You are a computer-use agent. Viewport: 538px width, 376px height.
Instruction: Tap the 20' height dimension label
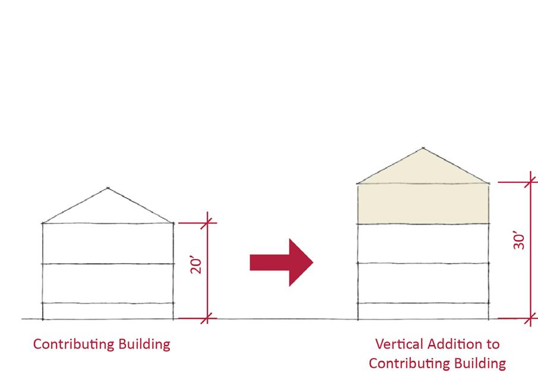coord(197,264)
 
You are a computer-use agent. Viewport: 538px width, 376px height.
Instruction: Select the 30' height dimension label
coord(520,241)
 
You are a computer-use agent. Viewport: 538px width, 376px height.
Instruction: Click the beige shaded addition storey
coord(423,204)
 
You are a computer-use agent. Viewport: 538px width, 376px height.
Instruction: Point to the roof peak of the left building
coord(107,188)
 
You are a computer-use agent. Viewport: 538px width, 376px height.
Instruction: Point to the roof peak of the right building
coord(423,148)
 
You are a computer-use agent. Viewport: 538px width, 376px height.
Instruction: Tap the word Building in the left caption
coord(145,344)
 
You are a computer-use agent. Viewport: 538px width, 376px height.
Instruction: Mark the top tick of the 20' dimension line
coord(207,223)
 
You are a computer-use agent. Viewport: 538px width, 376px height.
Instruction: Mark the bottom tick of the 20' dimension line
coord(207,319)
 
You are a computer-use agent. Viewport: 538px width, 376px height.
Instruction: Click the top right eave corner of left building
coord(173,223)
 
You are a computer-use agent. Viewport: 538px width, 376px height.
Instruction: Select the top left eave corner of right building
coord(357,184)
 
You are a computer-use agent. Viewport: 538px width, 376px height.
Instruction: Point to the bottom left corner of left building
coord(43,319)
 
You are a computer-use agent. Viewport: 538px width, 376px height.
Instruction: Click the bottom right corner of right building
coord(489,319)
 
